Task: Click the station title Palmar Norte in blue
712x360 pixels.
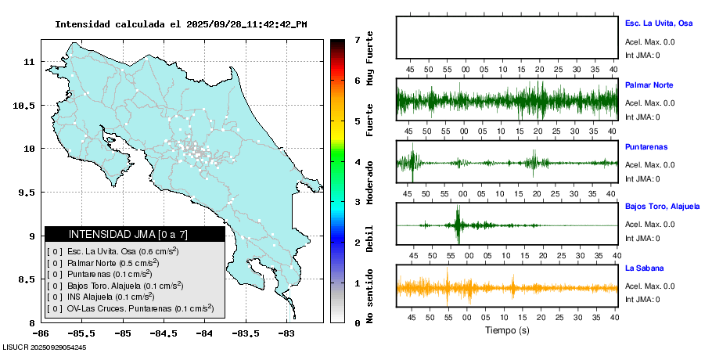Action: pyautogui.click(x=649, y=85)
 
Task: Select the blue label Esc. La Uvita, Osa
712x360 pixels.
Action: pyautogui.click(x=659, y=23)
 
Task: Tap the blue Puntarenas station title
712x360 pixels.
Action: pyautogui.click(x=646, y=146)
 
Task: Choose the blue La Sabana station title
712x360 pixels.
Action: pyautogui.click(x=644, y=268)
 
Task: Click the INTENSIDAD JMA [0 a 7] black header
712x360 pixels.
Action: pyautogui.click(x=135, y=234)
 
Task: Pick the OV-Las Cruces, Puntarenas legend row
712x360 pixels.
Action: pyautogui.click(x=130, y=308)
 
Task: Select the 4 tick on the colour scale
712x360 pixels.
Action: pyautogui.click(x=357, y=162)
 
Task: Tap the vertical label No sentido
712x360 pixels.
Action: pyautogui.click(x=371, y=298)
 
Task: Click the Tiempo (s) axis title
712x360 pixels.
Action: pyautogui.click(x=507, y=331)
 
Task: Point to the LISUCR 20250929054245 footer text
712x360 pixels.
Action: pyautogui.click(x=44, y=347)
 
